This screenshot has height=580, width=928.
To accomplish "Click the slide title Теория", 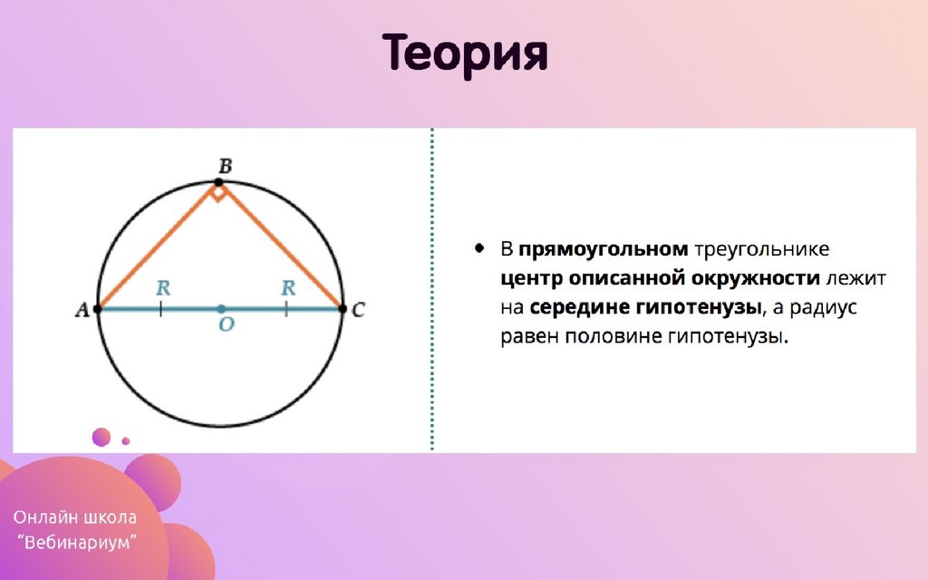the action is [465, 53].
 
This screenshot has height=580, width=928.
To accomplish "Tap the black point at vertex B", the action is [218, 182].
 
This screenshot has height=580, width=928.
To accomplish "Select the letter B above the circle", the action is [225, 166].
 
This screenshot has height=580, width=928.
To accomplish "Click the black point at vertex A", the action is [98, 309].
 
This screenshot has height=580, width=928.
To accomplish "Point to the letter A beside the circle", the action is [82, 310].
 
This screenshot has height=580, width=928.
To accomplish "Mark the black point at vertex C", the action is [342, 309].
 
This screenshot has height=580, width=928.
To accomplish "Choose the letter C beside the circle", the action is [358, 310].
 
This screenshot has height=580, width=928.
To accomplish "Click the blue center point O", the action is [221, 309].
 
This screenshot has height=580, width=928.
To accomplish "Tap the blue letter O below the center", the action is [226, 324].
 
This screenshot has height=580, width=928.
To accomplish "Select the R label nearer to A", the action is [163, 287].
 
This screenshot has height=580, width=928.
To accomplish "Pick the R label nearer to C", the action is [288, 287].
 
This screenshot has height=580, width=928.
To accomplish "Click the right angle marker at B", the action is [218, 192].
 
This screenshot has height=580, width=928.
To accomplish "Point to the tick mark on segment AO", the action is [161, 309].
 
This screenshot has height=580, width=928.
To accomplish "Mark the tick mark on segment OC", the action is [286, 309].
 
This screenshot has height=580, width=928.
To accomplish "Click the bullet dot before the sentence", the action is [479, 248].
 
